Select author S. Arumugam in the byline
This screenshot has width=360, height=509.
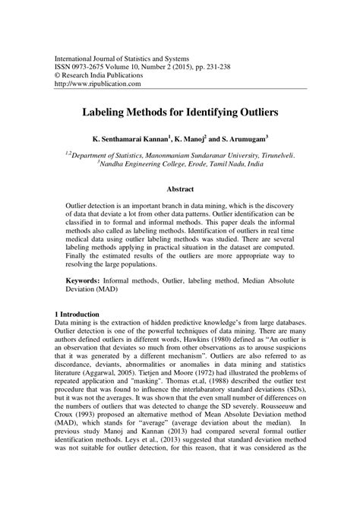coord(246,140)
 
